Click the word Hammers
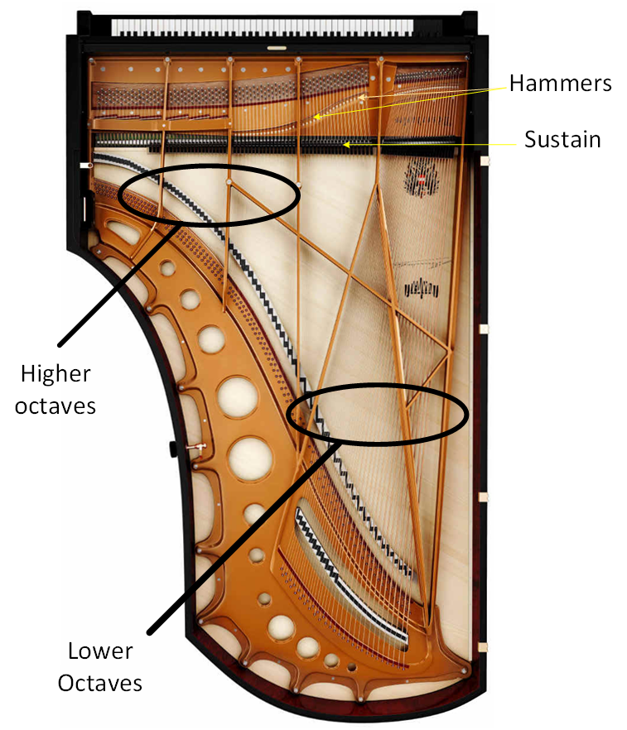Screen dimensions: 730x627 [560, 84]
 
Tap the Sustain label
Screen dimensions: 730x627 [562, 139]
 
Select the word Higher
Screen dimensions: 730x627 [55, 374]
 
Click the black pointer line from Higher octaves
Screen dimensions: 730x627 [116, 286]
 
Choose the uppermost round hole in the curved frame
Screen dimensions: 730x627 [168, 267]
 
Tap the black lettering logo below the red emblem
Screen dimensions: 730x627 [420, 289]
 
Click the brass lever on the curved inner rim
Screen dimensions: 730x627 [196, 448]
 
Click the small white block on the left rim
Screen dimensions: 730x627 [84, 166]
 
